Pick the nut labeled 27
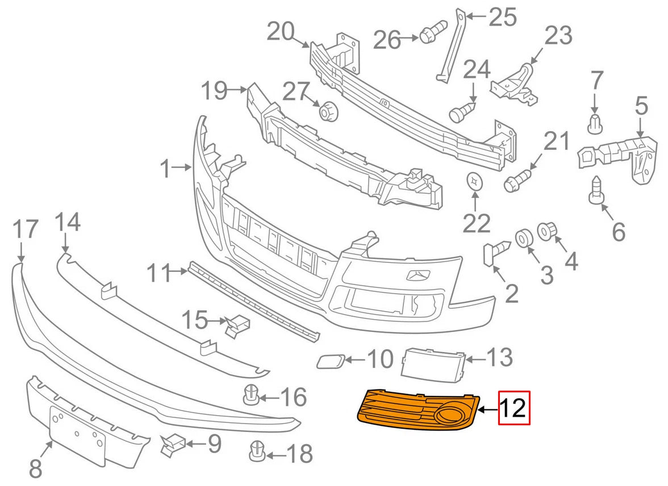328,111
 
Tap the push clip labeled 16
251,395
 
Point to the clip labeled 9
174,445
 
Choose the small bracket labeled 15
238,325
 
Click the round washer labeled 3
523,238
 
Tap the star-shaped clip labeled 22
475,182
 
